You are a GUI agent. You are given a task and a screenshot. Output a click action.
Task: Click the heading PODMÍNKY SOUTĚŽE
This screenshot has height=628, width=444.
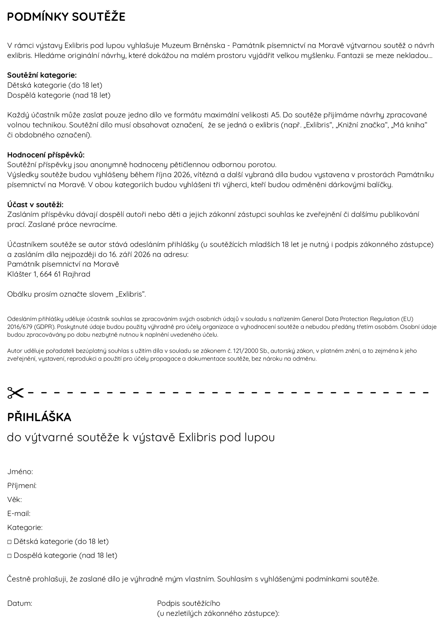[x=66, y=17]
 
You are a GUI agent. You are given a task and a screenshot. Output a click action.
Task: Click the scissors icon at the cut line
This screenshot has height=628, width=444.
[x=15, y=393]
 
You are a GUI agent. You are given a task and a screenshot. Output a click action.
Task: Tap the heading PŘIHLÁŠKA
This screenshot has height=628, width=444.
[x=39, y=417]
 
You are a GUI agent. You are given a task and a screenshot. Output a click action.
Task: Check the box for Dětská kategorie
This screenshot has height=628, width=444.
[x=10, y=542]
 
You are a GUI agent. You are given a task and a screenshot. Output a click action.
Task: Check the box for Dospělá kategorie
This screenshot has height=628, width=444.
[x=10, y=556]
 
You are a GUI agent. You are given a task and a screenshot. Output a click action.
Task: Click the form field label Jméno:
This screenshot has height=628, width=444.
[x=20, y=472]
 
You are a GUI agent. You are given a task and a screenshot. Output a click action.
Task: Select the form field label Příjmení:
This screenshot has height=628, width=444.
[x=22, y=486]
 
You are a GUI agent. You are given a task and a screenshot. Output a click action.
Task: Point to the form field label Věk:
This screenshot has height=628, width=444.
[x=14, y=500]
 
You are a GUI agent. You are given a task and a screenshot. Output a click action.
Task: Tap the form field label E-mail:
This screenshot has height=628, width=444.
[x=19, y=513]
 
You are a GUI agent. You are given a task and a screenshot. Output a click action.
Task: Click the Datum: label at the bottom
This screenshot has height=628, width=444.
[x=20, y=603]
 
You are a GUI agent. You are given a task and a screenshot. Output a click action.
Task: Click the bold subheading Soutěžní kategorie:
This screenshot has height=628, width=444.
[x=42, y=75]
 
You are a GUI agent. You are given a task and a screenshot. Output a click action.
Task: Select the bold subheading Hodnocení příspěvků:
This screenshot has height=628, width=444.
[x=46, y=155]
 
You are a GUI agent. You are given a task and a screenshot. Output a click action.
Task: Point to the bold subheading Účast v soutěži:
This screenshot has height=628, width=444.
[x=35, y=205]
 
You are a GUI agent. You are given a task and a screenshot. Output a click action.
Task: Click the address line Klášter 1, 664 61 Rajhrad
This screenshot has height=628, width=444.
[x=49, y=274]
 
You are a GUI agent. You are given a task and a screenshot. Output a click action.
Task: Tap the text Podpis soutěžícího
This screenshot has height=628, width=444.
[x=189, y=603]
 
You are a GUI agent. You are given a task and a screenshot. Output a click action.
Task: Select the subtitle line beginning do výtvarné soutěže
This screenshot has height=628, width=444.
[x=141, y=437]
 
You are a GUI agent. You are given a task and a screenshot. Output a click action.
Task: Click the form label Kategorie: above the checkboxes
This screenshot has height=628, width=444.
[x=25, y=527]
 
